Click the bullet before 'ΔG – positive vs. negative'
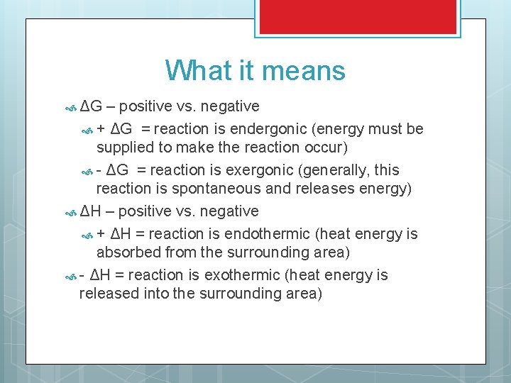coord(70,108)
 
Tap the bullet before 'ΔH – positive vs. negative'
coord(70,213)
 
